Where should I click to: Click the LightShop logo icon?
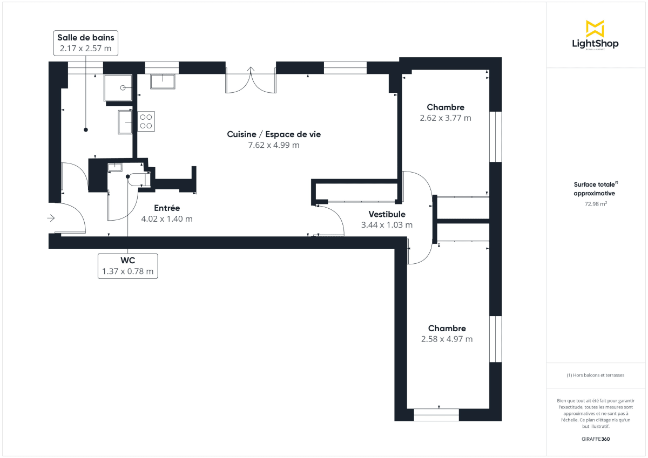coord(595,29)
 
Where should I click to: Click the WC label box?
coord(128,266)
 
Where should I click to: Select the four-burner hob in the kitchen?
coord(145,121)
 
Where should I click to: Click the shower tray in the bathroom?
coord(118,88)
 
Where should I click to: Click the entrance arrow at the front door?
coord(51,218)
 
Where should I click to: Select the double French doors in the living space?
coord(251,81)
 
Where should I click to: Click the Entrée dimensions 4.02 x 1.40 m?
coord(167,219)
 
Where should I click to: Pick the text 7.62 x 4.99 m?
coord(274,145)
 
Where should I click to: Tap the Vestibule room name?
coord(387,214)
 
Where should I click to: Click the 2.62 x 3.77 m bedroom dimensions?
coord(446,118)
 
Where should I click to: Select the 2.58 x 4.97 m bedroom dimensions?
coord(447,339)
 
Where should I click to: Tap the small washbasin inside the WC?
coord(116,167)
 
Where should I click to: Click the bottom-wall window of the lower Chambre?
coord(436,414)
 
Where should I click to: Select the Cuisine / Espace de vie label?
coord(274,134)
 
